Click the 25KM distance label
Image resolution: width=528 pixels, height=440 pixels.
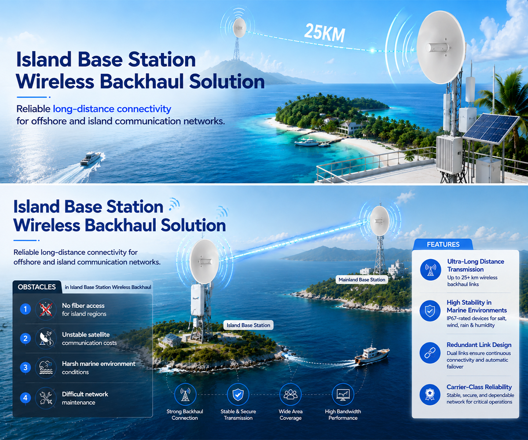[x=325, y=33]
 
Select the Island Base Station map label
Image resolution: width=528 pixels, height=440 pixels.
[x=248, y=325]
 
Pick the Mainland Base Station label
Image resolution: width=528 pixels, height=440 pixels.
[x=362, y=280]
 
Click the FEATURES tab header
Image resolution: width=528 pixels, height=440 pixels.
[x=443, y=244]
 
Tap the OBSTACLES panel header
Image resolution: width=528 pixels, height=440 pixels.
[x=37, y=287]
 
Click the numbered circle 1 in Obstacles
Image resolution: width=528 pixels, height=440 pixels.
[x=25, y=309]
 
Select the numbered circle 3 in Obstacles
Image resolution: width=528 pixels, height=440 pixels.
[x=25, y=368]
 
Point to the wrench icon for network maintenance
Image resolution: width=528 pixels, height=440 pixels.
[x=46, y=398]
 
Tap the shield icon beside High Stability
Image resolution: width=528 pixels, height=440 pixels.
[x=430, y=311]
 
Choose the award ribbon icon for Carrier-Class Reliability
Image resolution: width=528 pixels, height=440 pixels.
[x=430, y=395]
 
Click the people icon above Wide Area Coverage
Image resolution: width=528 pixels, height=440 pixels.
[x=290, y=395]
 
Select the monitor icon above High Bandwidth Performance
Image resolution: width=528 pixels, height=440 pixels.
[x=343, y=395]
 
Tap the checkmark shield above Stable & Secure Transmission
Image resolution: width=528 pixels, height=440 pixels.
[x=238, y=395]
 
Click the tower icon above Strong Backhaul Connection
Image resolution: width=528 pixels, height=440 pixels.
[x=185, y=395]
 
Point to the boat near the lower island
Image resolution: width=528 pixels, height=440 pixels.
[x=371, y=355]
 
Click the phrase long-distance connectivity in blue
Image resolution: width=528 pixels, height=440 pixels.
[x=112, y=109]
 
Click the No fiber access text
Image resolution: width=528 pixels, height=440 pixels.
[x=83, y=306]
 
